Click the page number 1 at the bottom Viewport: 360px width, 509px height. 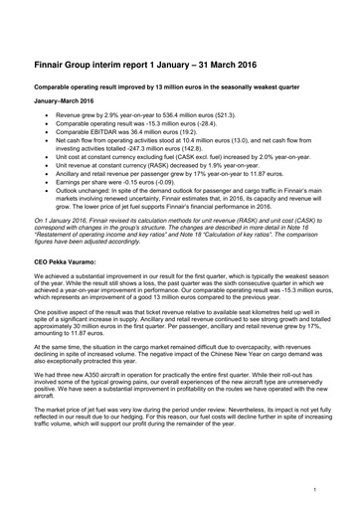pos(314,489)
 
